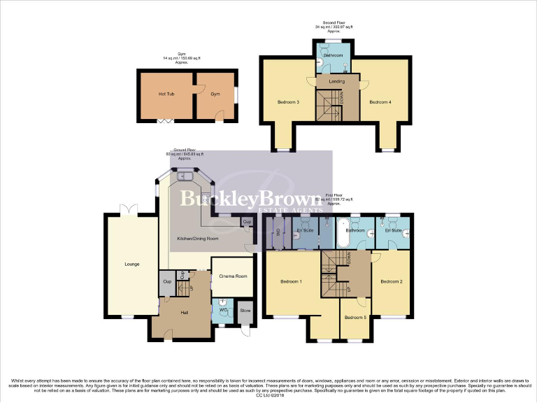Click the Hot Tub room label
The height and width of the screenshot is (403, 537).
[x=166, y=94]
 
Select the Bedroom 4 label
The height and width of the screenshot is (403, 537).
[x=380, y=103]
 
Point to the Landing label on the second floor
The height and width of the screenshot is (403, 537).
[x=336, y=82]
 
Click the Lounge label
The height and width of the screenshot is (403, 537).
[x=131, y=264]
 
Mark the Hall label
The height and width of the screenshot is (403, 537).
[x=185, y=312]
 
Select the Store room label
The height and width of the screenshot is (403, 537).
[x=245, y=311]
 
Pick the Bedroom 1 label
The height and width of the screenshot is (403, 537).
[x=291, y=281]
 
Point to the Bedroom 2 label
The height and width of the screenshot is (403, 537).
[x=391, y=281]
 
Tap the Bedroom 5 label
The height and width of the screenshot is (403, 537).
[x=355, y=318]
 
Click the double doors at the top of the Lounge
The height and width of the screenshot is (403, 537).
[x=126, y=209]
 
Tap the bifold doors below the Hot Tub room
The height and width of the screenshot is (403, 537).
[x=165, y=122]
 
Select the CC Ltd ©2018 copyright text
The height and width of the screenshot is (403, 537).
[x=268, y=395]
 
